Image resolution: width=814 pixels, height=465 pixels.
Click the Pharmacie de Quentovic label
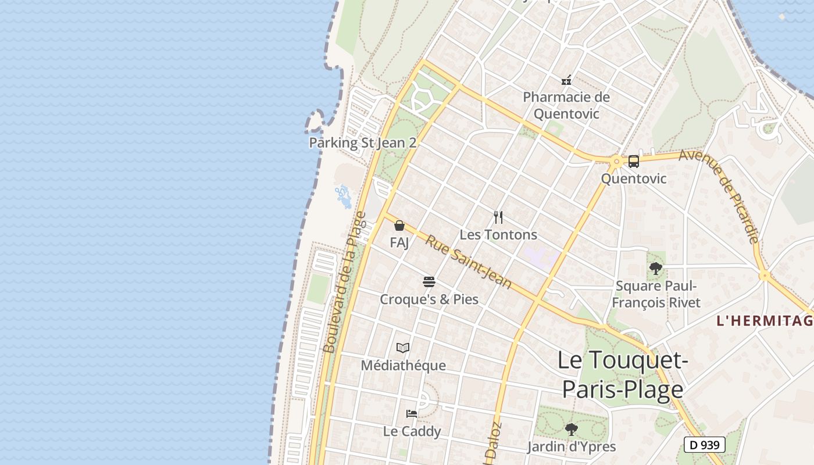pyautogui.click(x=566, y=105)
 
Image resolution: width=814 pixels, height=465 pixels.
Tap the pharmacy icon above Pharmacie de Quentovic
pyautogui.click(x=566, y=80)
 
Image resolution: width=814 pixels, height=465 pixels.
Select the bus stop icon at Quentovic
pyautogui.click(x=634, y=162)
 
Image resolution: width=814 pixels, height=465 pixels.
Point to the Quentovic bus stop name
pyautogui.click(x=634, y=178)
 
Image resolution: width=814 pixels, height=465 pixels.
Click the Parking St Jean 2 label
pyautogui.click(x=362, y=142)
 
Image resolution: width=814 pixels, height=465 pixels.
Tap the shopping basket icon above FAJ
pyautogui.click(x=399, y=226)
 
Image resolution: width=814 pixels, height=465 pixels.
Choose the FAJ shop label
pyautogui.click(x=399, y=242)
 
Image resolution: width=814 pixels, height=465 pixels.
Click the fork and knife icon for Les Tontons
pyautogui.click(x=498, y=217)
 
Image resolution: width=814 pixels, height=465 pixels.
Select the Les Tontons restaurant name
pyautogui.click(x=498, y=235)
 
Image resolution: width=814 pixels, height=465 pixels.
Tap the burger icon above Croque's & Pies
pyautogui.click(x=429, y=282)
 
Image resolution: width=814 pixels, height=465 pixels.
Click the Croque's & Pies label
pyautogui.click(x=429, y=299)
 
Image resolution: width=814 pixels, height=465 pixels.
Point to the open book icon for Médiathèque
pyautogui.click(x=403, y=348)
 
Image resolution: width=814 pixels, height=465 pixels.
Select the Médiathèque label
pyautogui.click(x=403, y=366)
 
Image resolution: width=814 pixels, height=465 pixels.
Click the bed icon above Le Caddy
pyautogui.click(x=412, y=414)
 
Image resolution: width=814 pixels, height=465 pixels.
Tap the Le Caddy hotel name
pyautogui.click(x=412, y=431)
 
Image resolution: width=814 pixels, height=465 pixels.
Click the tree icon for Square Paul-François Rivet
pyautogui.click(x=656, y=269)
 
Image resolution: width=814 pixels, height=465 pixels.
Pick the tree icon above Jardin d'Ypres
pyautogui.click(x=572, y=430)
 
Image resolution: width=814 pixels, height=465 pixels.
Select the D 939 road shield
pyautogui.click(x=705, y=445)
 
